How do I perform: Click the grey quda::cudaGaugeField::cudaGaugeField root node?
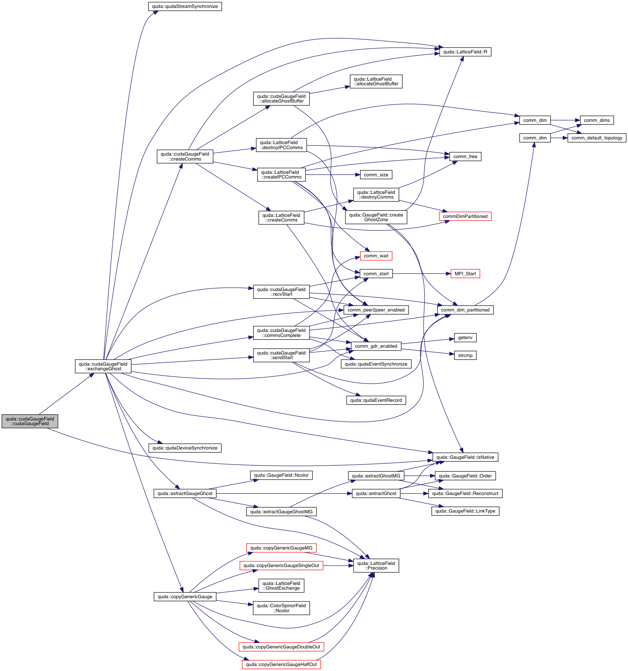(30, 421)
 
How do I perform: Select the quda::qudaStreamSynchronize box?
(185, 6)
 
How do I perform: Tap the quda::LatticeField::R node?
(465, 52)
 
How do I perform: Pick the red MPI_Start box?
(465, 274)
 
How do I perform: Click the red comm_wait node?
(376, 256)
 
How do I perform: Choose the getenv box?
(465, 338)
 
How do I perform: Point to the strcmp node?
(465, 356)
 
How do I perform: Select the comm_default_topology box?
(597, 138)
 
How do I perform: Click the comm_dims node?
(597, 120)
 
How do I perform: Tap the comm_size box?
(376, 175)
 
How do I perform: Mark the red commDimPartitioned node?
(465, 216)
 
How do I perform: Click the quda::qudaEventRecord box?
(376, 400)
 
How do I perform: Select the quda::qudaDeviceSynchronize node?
(185, 448)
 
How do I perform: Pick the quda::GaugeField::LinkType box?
(465, 511)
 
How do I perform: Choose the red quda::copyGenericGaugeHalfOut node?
(281, 665)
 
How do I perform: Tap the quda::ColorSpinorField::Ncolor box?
(281, 608)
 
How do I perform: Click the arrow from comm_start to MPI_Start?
(421, 274)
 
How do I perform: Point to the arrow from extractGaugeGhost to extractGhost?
(283, 494)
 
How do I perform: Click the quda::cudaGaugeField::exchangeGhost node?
(103, 366)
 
